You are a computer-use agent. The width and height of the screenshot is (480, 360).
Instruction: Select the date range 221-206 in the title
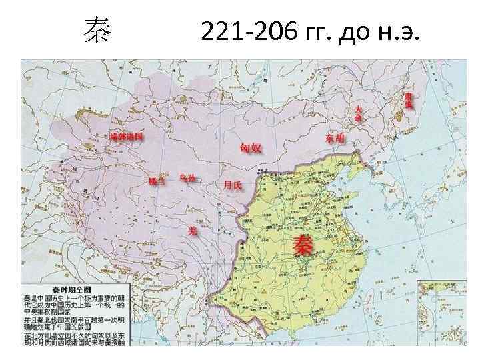pos(245,31)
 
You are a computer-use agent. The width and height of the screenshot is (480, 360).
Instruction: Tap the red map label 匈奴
pos(250,147)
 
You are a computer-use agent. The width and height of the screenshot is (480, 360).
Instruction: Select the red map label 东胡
pos(335,139)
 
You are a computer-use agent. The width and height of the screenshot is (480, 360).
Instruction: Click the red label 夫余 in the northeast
pos(359,113)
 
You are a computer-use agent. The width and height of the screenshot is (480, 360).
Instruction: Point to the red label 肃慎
pos(408,101)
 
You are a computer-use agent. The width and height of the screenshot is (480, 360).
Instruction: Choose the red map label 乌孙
pos(188,179)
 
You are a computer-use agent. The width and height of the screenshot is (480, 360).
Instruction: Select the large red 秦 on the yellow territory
pos(305,244)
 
